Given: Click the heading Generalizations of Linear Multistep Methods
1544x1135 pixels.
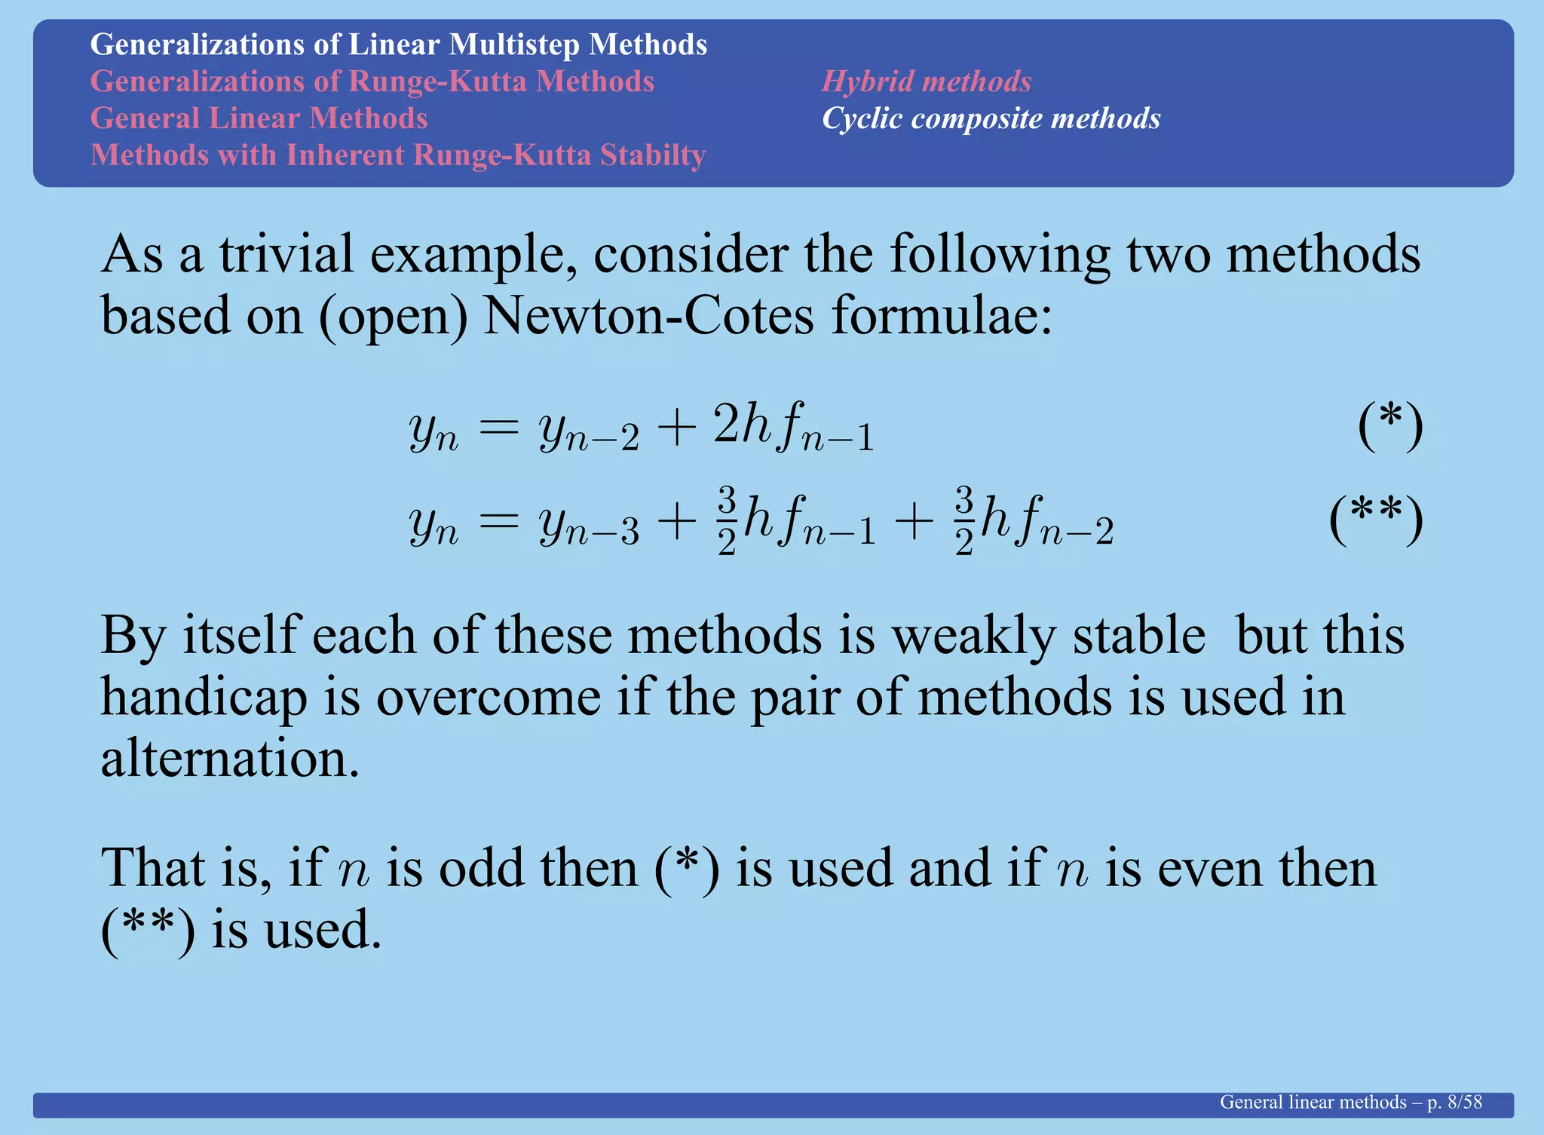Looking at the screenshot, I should [x=398, y=44].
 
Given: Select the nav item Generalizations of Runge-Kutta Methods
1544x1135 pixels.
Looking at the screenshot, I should [x=372, y=81].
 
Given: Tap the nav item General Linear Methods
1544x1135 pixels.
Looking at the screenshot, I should [x=259, y=118].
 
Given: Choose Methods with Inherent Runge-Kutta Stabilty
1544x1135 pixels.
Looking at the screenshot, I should [x=397, y=155].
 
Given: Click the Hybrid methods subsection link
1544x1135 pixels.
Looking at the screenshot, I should [x=926, y=81].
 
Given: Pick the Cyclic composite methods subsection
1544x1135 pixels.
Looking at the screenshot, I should [x=991, y=118].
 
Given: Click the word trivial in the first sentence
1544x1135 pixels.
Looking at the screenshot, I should [x=286, y=255].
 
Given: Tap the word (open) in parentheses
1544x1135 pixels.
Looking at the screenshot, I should [x=393, y=317].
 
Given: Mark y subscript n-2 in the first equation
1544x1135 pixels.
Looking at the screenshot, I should [x=588, y=431].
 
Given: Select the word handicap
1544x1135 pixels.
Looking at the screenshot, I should [x=204, y=698].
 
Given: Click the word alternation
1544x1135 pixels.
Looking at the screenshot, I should [x=229, y=758].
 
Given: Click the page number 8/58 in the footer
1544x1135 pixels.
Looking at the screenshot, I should [x=1464, y=1103].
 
